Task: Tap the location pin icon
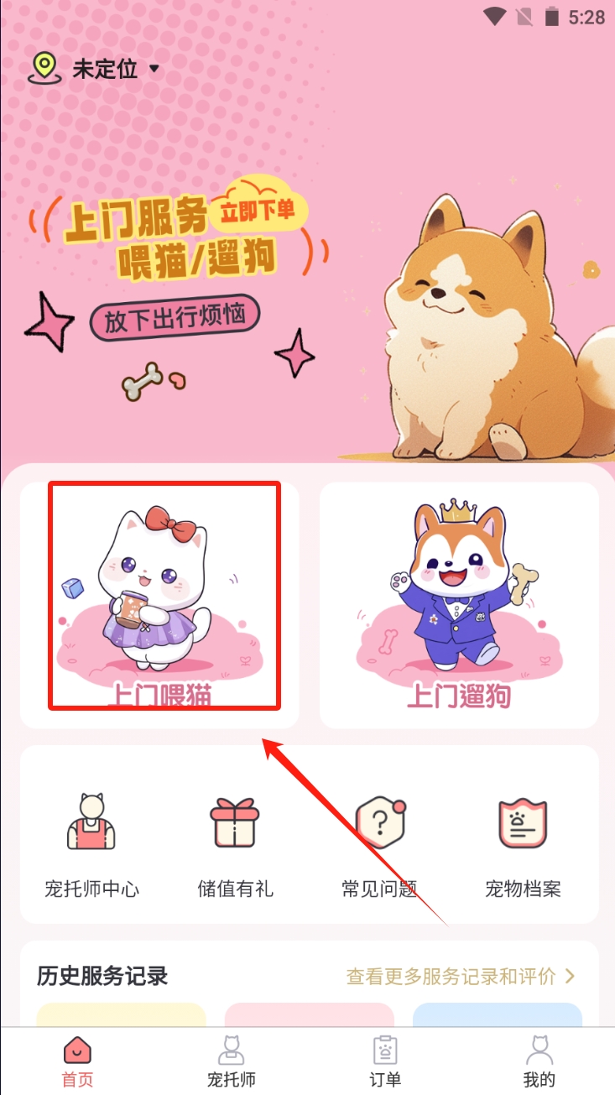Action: click(44, 69)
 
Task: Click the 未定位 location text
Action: click(105, 69)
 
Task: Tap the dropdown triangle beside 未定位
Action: click(154, 69)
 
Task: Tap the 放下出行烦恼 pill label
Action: click(175, 318)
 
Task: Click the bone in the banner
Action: click(143, 381)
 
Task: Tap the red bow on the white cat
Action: click(169, 524)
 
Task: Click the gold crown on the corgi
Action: click(457, 511)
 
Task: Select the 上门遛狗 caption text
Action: click(459, 696)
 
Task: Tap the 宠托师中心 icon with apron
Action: click(91, 821)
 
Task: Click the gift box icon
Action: click(235, 822)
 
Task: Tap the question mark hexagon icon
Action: click(380, 822)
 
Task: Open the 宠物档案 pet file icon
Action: click(523, 823)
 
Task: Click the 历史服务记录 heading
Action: click(102, 976)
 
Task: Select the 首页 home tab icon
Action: click(77, 1050)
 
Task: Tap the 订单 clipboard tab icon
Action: click(385, 1050)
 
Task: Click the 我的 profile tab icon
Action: click(539, 1050)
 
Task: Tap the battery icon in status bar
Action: click(552, 17)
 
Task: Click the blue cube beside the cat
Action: click(72, 587)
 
